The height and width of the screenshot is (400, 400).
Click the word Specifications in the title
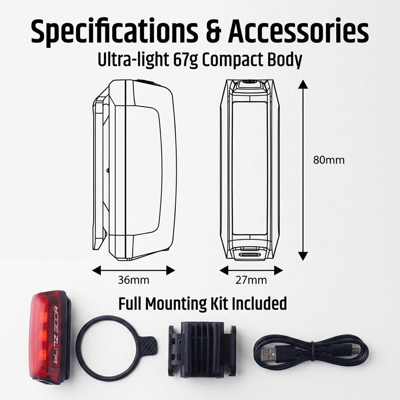pos(114,32)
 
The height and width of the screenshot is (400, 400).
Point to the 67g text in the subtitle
pos(185,60)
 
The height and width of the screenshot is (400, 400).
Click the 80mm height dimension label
pos(329,160)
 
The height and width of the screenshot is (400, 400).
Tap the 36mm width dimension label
pos(133,280)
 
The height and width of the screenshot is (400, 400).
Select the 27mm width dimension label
pos(251,280)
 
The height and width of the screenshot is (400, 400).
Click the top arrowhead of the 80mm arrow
pos(303,84)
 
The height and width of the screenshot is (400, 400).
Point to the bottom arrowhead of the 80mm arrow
pos(303,256)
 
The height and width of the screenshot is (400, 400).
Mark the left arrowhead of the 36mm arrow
pos(96,270)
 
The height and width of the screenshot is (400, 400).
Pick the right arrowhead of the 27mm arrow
pos(278,270)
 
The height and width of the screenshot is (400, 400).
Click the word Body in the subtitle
pos(285,60)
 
